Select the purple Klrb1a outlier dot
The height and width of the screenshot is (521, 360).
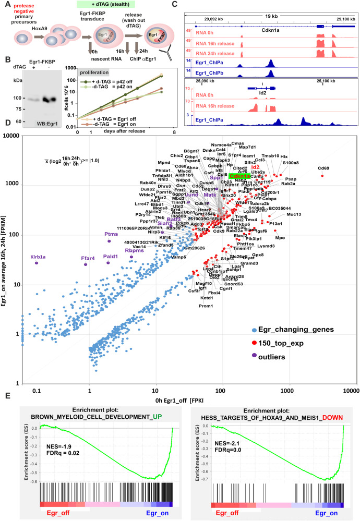point(37,263)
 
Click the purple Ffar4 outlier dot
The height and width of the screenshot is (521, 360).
point(86,265)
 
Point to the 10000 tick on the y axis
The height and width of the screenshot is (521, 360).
point(10,136)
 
